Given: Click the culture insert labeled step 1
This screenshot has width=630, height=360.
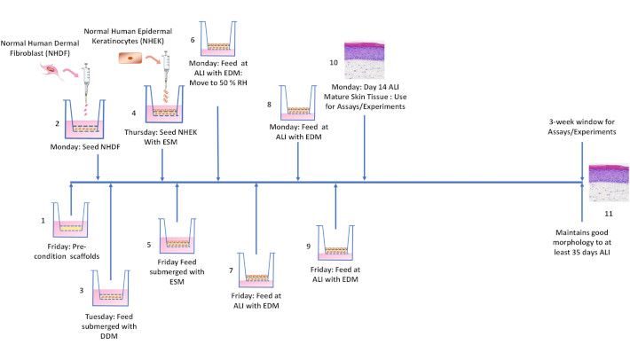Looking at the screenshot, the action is pyautogui.click(x=70, y=220).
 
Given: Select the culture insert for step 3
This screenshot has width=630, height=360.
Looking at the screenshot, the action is pyautogui.click(x=111, y=288).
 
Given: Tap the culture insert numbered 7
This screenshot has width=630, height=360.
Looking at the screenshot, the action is pyautogui.click(x=256, y=270).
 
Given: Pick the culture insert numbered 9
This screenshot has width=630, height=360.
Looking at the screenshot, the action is pyautogui.click(x=335, y=243).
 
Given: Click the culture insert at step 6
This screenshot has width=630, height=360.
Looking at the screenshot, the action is pyautogui.click(x=218, y=38).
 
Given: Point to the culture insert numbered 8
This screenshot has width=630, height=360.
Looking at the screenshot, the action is pyautogui.click(x=298, y=103).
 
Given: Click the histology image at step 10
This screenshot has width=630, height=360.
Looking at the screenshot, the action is pyautogui.click(x=364, y=60).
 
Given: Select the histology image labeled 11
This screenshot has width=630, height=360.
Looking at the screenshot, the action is pyautogui.click(x=609, y=183).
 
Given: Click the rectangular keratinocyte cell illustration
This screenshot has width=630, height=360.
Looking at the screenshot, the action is pyautogui.click(x=130, y=59).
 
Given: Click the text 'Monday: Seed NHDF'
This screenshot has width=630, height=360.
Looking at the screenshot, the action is pyautogui.click(x=85, y=147).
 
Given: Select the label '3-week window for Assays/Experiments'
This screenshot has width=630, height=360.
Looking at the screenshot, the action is pyautogui.click(x=582, y=127).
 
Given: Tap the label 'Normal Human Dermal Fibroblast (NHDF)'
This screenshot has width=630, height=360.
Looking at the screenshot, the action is pyautogui.click(x=40, y=48).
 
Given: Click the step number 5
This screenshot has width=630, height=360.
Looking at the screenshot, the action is pyautogui.click(x=149, y=245).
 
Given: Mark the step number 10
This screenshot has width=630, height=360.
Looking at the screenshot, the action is pyautogui.click(x=334, y=63).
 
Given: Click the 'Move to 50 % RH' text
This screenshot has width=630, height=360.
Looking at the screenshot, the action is pyautogui.click(x=218, y=83).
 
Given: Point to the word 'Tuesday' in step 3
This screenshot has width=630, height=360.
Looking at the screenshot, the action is pyautogui.click(x=98, y=317).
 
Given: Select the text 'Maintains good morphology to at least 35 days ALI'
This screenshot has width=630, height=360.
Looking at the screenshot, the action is pyautogui.click(x=582, y=242).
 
